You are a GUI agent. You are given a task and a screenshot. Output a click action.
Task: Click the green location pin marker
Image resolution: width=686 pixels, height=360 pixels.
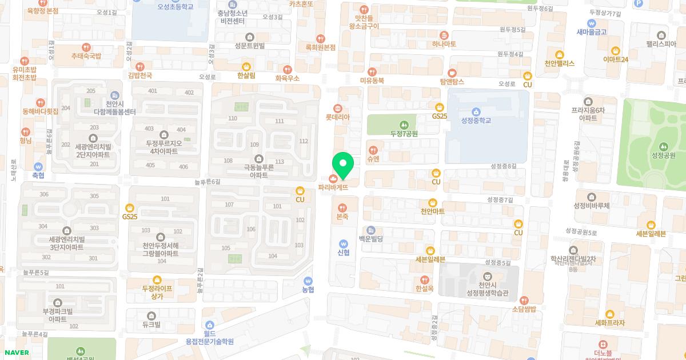pyautogui.click(x=343, y=165)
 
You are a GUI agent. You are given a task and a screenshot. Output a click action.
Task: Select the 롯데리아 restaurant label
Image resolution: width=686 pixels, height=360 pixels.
pyautogui.click(x=337, y=117)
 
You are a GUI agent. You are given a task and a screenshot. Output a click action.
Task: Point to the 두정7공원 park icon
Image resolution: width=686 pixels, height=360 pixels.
pyautogui.click(x=404, y=124)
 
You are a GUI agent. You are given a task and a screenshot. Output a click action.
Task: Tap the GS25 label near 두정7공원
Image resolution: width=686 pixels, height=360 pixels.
pyautogui.click(x=439, y=116)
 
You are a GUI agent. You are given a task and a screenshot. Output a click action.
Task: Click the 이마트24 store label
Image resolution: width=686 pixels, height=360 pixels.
pyautogui.click(x=615, y=59)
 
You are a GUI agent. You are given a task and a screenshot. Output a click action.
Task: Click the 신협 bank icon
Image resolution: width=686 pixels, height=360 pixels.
pyautogui.click(x=343, y=243)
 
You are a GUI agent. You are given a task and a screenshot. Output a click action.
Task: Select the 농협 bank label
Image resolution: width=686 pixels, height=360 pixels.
pyautogui.click(x=308, y=289)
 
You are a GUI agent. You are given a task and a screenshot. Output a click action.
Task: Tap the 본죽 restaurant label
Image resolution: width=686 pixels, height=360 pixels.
pyautogui.click(x=342, y=217)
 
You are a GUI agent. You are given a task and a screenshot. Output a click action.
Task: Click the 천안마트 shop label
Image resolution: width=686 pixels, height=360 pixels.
pyautogui.click(x=432, y=211)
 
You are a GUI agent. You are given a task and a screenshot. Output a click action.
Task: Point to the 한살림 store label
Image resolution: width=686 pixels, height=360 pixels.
pyautogui.click(x=246, y=75)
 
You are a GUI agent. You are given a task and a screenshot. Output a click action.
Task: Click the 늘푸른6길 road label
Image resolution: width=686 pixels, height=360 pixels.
pyautogui.click(x=207, y=182)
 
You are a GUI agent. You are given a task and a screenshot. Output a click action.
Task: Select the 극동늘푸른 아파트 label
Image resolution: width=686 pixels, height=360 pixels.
pyautogui.click(x=258, y=171)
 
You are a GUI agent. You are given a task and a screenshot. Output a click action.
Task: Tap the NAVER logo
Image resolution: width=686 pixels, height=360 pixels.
pyautogui.click(x=17, y=353)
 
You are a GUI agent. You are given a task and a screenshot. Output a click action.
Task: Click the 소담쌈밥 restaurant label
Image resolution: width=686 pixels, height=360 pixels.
pyautogui.click(x=524, y=309)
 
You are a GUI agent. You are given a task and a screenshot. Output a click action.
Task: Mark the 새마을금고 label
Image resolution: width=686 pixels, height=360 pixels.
pyautogui.click(x=591, y=32)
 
